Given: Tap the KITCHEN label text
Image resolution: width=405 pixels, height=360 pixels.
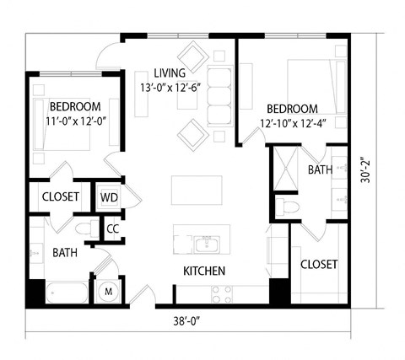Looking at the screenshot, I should point(204,271).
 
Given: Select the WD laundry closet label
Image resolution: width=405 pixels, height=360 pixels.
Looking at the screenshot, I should point(109,197).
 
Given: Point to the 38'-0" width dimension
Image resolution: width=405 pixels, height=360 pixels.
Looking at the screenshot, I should point(187,321).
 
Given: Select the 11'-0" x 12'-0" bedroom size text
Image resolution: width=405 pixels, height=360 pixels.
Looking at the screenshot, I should point(75,121).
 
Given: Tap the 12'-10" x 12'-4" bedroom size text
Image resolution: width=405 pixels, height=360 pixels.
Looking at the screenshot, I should point(293,124).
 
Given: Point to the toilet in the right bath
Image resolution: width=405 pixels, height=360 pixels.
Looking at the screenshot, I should point(289,207).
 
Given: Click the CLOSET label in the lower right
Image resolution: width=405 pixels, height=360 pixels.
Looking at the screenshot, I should point(319,265).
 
